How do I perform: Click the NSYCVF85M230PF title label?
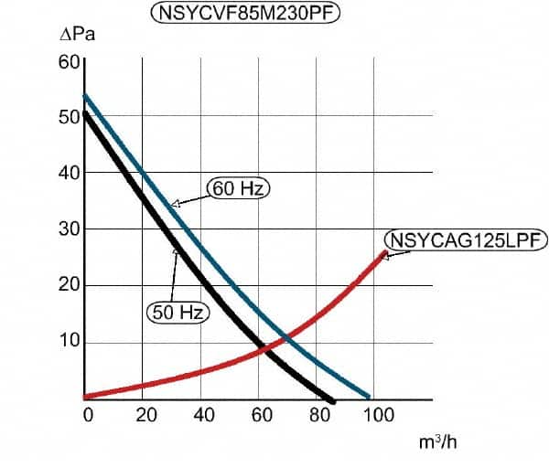[244, 15]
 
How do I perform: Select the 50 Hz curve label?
[178, 313]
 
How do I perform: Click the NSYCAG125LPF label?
[467, 240]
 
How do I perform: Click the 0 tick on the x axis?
[88, 415]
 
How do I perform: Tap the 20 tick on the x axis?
[146, 415]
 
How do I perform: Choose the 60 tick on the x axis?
[263, 415]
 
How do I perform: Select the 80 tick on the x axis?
[320, 415]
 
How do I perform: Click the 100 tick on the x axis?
[378, 415]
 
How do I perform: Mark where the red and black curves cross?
[262, 349]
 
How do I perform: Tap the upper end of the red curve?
[384, 252]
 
